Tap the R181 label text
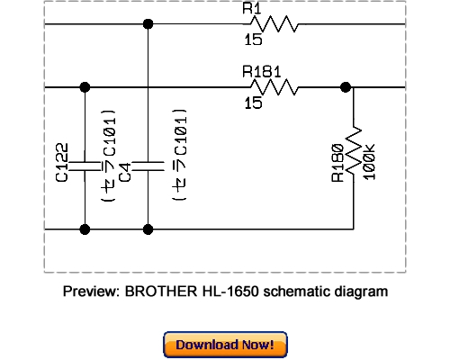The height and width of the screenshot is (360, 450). (260, 72)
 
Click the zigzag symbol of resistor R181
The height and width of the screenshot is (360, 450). (274, 87)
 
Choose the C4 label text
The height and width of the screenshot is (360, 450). (126, 170)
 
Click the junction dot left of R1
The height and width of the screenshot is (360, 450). (148, 24)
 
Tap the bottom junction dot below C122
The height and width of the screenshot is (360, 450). (85, 229)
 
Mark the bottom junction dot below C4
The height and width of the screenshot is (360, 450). (147, 229)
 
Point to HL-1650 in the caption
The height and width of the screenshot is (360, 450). (225, 292)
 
